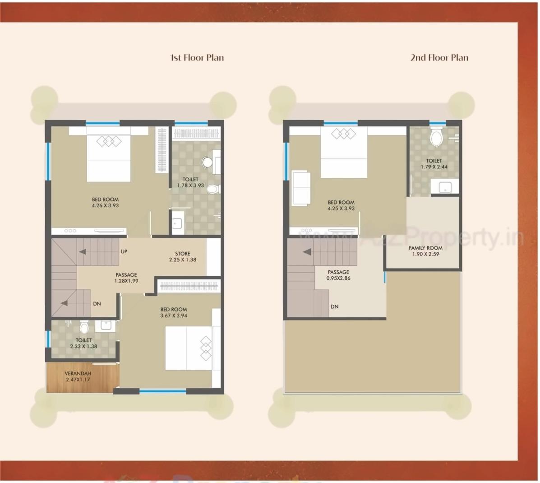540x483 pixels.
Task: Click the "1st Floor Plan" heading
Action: (197, 58)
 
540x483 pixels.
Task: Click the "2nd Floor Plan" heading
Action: (439, 58)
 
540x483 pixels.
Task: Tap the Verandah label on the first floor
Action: (78, 373)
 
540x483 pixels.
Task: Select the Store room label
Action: (183, 254)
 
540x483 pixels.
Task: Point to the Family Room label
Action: (425, 248)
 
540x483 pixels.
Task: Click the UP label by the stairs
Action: (124, 251)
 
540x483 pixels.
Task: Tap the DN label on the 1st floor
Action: (97, 304)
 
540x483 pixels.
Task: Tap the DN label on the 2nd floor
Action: (334, 307)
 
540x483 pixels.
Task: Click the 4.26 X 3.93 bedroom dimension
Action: (105, 205)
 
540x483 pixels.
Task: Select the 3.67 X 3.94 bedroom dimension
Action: (174, 316)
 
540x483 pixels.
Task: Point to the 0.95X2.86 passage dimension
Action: (338, 278)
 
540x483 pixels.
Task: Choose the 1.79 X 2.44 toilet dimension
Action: (434, 167)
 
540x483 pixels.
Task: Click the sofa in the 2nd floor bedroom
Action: (300, 188)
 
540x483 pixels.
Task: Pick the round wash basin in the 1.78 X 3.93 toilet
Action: (208, 162)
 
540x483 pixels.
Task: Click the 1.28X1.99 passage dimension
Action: (126, 281)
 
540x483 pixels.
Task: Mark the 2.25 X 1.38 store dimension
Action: (183, 260)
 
